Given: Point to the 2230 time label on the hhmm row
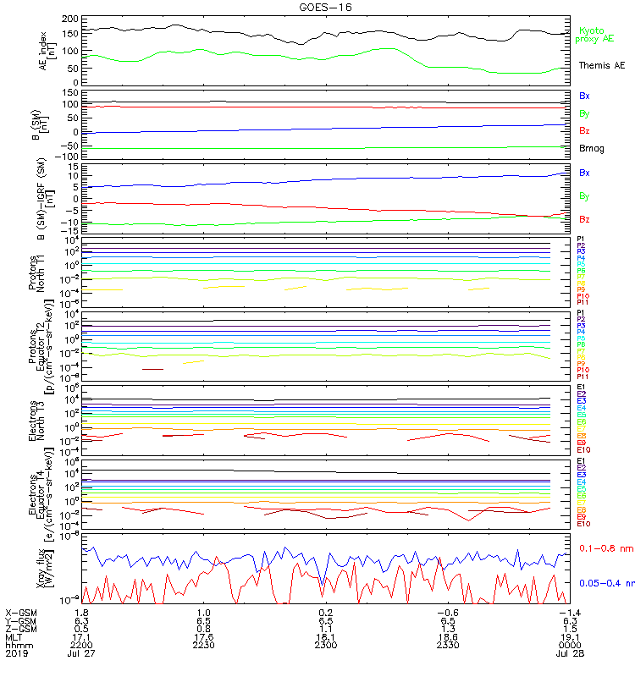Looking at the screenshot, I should pos(202,645).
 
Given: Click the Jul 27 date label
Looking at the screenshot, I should pos(83,653).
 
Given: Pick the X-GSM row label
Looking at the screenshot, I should pos(20,612).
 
